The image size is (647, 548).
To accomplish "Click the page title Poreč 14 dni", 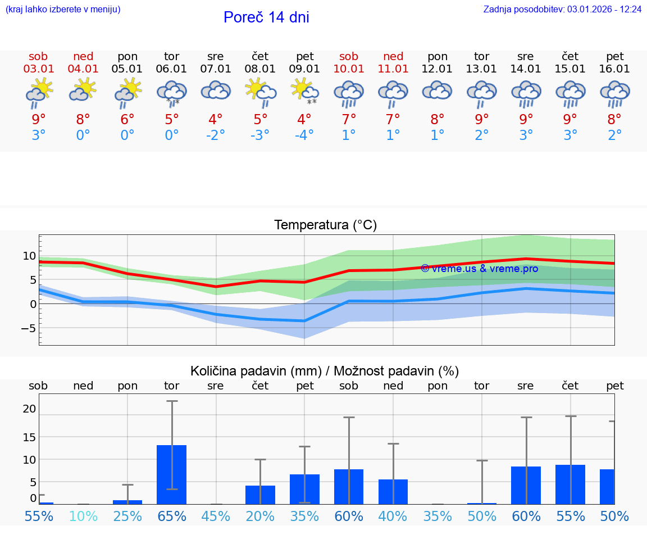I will coord(266,17).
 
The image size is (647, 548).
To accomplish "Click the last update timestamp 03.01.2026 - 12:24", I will coord(604,10).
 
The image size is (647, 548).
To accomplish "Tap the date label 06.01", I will coord(171,69).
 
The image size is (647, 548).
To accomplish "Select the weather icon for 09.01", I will coord(304,92).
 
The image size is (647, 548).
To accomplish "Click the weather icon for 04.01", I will coord(83,91).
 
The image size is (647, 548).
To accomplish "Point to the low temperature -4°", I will coord(304,135).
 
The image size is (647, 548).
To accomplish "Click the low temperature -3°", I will coord(260,135).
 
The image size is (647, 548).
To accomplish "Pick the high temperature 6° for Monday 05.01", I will coord(127,120).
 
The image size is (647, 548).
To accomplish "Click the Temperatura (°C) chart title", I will coord(325,225).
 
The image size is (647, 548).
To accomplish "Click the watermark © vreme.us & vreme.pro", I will coord(479,269).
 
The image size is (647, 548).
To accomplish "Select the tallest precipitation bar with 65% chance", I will coord(171,474).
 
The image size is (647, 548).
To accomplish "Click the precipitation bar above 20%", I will coord(260,495).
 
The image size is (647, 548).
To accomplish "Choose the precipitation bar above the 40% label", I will coord(393,492).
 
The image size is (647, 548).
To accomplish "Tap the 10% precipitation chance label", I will coord(83,517).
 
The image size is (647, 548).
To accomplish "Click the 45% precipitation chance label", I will coord(216,517).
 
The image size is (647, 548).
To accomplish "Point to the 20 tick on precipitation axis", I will coord(29,409).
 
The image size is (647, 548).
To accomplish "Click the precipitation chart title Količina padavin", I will coord(325,371).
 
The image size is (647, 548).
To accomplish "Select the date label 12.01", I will coord(438,69).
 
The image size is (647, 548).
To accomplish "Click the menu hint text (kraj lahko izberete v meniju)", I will coord(62,10).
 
